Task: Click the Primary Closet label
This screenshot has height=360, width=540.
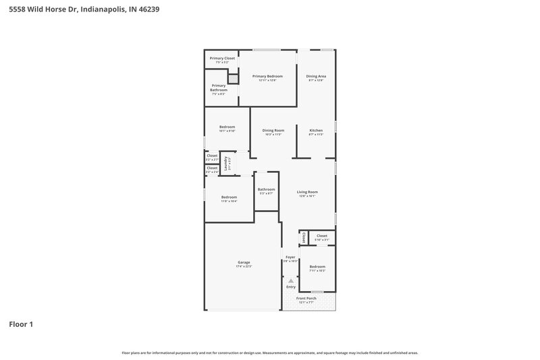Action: click(222, 59)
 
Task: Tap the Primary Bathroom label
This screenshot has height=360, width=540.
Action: click(218, 88)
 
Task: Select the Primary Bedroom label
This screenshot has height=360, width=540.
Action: click(267, 76)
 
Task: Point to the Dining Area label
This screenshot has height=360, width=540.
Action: click(316, 76)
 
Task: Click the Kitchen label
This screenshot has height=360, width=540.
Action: click(316, 130)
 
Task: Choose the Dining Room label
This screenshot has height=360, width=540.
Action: click(273, 130)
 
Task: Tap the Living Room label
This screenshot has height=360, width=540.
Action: click(307, 192)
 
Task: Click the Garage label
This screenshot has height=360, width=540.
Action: click(244, 262)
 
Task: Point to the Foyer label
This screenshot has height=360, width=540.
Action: click(290, 257)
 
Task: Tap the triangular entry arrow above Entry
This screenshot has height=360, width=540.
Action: click(291, 280)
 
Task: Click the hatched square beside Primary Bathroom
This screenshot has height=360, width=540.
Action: click(233, 78)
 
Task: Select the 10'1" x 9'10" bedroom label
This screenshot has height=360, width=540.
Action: click(227, 127)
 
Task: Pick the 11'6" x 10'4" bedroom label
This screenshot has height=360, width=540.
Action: click(229, 197)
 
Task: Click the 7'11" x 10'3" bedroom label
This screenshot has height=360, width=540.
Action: click(317, 267)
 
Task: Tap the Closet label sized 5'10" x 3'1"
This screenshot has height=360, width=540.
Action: click(322, 236)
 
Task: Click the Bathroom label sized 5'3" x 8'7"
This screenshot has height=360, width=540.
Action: click(266, 190)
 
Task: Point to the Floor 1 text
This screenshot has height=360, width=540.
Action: click(21, 325)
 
